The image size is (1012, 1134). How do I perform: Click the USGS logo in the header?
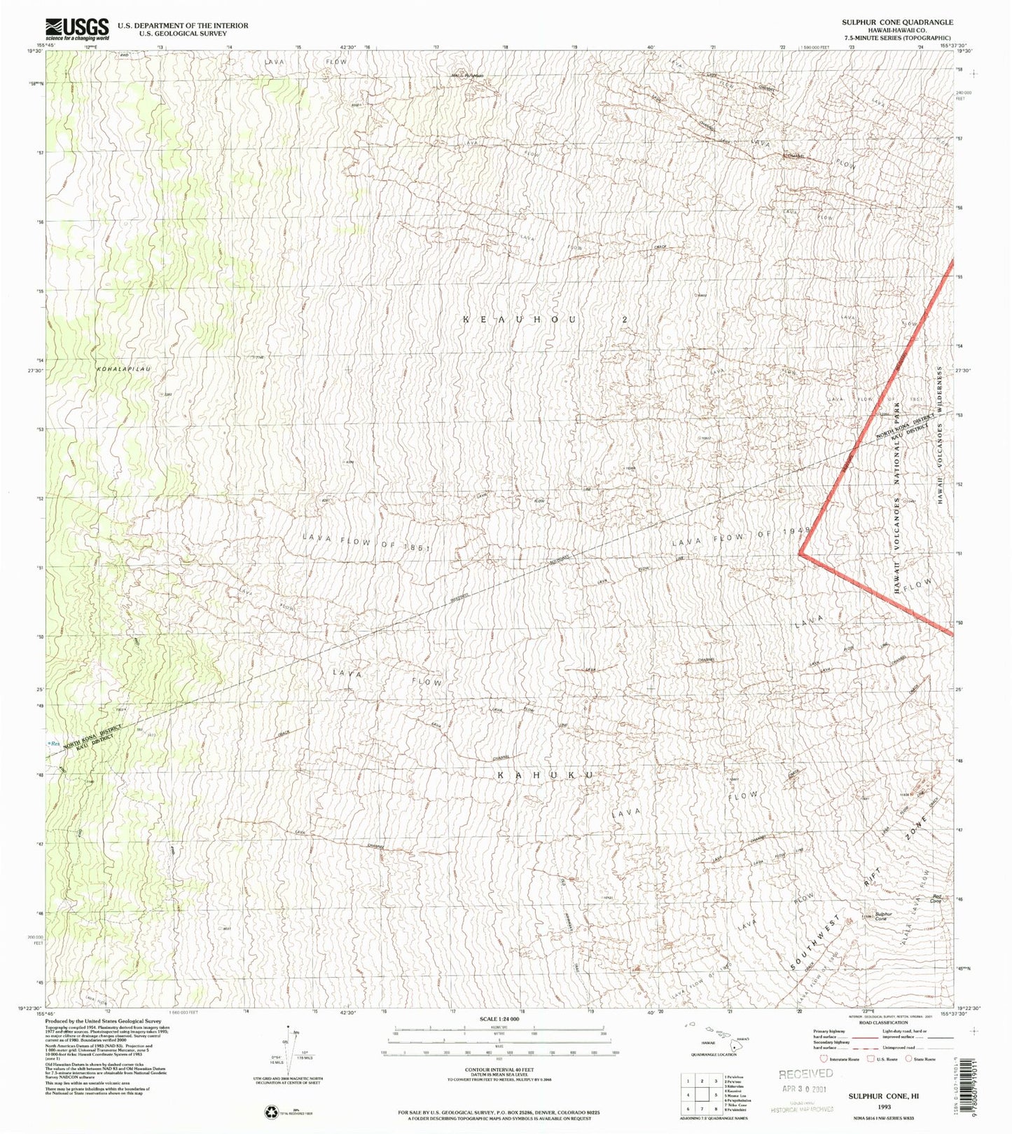click(77, 29)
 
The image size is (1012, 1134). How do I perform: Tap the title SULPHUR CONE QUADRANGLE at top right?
click(896, 22)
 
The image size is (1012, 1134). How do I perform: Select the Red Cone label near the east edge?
click(936, 899)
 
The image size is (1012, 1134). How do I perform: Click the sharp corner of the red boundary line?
click(800, 554)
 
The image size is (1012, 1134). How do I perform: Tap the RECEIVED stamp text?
click(805, 1074)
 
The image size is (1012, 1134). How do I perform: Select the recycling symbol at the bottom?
click(270, 1112)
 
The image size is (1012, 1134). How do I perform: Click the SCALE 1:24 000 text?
click(499, 1019)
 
